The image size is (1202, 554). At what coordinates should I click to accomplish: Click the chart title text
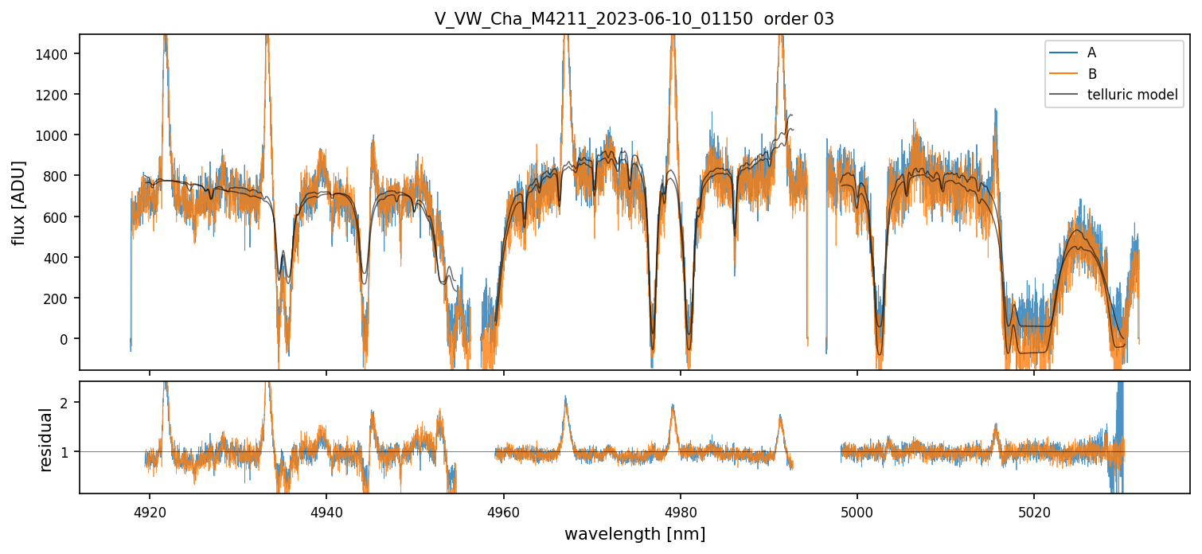[634, 19]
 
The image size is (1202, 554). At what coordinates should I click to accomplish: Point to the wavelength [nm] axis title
[634, 534]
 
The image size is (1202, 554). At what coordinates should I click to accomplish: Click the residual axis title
[46, 439]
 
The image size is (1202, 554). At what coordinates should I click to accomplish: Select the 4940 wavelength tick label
[326, 509]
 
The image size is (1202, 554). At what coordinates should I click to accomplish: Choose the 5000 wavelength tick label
[857, 509]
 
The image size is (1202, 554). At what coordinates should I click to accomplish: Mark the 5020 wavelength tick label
[1034, 509]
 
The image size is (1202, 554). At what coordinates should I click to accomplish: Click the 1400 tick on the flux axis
[57, 53]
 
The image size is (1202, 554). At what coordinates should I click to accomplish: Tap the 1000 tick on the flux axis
[57, 135]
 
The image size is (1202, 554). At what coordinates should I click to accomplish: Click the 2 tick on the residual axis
[67, 403]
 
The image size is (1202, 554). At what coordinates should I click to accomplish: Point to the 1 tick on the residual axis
[67, 452]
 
